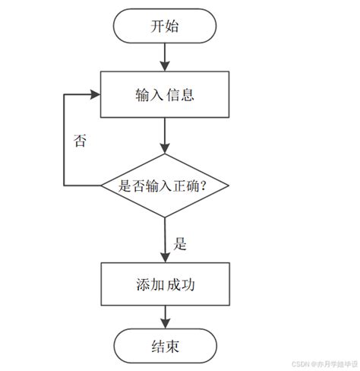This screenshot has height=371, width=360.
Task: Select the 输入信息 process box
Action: click(x=164, y=95)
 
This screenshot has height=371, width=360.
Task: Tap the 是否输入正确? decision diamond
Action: click(x=164, y=185)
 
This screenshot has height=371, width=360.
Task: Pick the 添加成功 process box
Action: click(x=164, y=284)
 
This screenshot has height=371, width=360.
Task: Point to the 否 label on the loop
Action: click(x=79, y=141)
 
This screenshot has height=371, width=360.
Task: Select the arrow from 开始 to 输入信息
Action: click(x=164, y=57)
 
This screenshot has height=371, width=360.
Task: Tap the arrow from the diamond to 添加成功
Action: click(x=164, y=239)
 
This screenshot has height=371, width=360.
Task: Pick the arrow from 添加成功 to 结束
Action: click(x=164, y=316)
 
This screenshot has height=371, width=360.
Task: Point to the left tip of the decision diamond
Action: click(x=103, y=185)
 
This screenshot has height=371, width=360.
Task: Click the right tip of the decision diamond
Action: click(x=226, y=185)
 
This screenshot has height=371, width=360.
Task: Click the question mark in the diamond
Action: click(x=204, y=185)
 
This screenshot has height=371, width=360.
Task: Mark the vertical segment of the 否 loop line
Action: click(x=64, y=141)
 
